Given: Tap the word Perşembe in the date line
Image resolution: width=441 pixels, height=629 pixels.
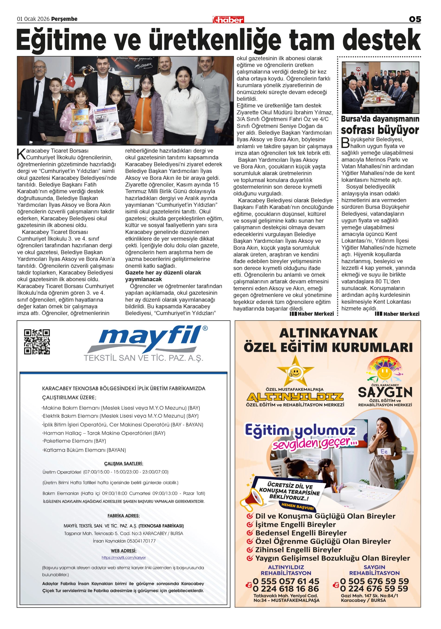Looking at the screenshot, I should [x=65, y=19].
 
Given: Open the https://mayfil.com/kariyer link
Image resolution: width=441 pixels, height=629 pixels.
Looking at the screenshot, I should [x=124, y=558].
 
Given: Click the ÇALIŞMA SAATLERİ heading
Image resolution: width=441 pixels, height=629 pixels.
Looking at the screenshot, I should [x=124, y=464].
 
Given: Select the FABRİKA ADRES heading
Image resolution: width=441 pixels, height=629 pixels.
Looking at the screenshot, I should [x=124, y=516].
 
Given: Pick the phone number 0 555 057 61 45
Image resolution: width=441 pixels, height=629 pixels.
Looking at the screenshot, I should [x=286, y=581].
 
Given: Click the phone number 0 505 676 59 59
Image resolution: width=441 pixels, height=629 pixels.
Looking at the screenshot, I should [x=374, y=581].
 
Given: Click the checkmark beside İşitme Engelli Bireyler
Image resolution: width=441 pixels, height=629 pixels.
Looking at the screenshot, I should [x=250, y=524].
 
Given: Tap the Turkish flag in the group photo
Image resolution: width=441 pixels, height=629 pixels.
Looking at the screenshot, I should [x=70, y=79].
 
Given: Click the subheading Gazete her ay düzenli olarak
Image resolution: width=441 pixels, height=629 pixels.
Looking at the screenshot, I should [x=163, y=273].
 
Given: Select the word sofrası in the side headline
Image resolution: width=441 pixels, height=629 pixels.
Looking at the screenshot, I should [x=357, y=130].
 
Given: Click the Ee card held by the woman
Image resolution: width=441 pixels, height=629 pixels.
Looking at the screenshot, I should [x=384, y=451].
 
